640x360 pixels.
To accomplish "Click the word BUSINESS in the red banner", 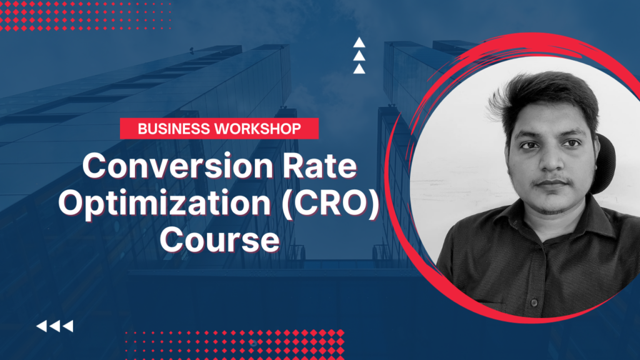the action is [x=174, y=129].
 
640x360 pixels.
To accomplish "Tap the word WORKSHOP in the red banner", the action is [x=258, y=129].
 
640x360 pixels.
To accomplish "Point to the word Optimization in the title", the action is [x=165, y=203].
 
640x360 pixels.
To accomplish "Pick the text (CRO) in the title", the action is [x=331, y=203].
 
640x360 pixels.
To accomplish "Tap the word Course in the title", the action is [x=219, y=239].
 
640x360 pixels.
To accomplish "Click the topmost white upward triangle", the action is [x=359, y=42].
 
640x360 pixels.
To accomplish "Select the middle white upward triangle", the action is [x=359, y=56].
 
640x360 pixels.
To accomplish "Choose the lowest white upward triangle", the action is [x=359, y=69].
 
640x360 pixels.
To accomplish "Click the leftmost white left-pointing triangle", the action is [x=42, y=326].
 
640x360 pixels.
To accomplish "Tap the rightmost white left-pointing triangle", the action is [x=67, y=326].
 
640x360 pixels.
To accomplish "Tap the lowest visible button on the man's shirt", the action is [x=534, y=302].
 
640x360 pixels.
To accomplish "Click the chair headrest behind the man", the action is [x=604, y=163].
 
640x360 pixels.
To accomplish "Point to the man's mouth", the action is [x=551, y=183].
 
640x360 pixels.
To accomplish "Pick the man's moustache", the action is [x=551, y=179].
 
